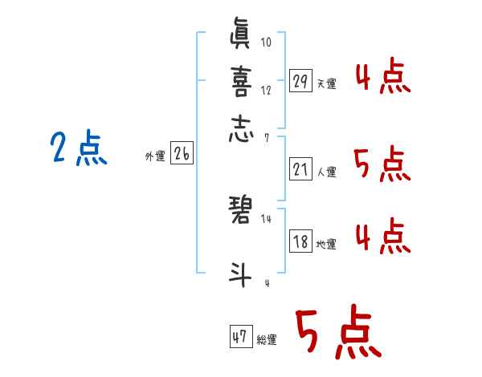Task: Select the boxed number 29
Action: coord(300,80)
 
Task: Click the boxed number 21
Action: coord(300,168)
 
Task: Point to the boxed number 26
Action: coord(182,155)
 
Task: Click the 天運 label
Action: coord(326,83)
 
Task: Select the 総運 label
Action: coord(267,340)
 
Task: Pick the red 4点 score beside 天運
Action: coord(382,76)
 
